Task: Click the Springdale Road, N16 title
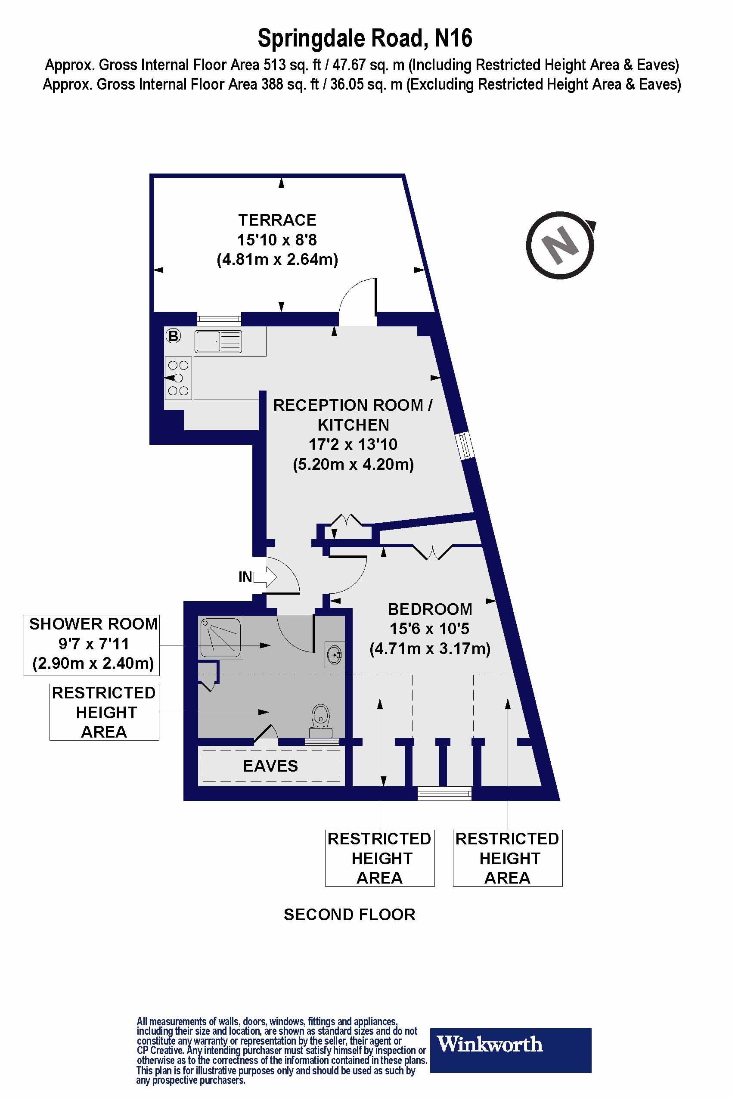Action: click(x=365, y=38)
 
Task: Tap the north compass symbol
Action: click(x=560, y=245)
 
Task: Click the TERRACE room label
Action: click(x=277, y=220)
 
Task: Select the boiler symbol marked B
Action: click(x=173, y=335)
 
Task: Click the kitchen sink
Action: click(x=218, y=341)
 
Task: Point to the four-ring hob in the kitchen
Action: click(x=178, y=378)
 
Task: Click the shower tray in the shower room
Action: click(x=220, y=638)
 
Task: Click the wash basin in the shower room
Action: click(x=335, y=655)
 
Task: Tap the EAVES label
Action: click(x=270, y=766)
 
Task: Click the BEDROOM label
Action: click(x=429, y=609)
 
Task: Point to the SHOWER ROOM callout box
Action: click(x=92, y=645)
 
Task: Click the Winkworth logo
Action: click(x=510, y=1045)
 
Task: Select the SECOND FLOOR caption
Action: click(x=349, y=915)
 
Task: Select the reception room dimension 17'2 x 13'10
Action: click(x=353, y=444)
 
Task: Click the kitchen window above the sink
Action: click(x=219, y=318)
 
